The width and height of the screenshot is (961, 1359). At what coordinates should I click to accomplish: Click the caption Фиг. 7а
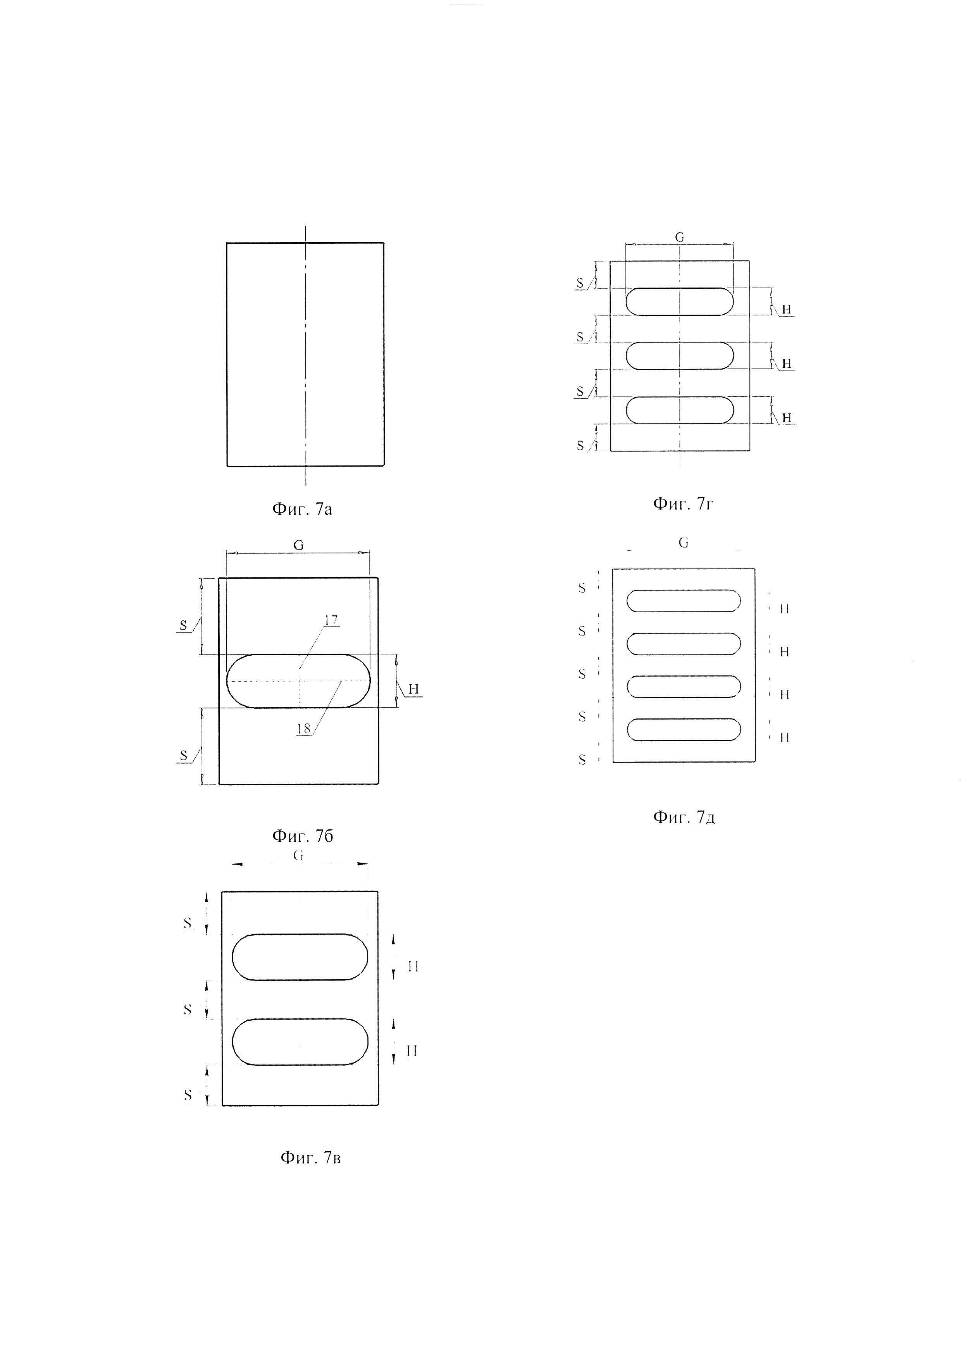tap(302, 509)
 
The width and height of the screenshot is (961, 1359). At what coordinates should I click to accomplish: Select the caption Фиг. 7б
tap(302, 836)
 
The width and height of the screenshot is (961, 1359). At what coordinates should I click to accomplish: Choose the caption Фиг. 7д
tap(684, 817)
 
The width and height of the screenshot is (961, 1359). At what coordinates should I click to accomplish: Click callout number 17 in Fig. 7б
tap(331, 620)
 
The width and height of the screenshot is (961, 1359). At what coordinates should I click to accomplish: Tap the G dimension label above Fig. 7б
tap(298, 546)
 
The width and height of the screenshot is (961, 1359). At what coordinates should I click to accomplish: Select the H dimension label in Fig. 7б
tap(413, 689)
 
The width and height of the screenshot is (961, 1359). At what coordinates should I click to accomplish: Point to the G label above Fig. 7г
tap(679, 238)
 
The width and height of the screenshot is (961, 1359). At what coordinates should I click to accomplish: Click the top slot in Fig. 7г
tap(679, 302)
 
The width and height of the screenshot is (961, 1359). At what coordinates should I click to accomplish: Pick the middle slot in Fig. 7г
tap(679, 356)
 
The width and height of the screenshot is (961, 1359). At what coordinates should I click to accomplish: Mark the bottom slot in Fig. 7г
tap(679, 410)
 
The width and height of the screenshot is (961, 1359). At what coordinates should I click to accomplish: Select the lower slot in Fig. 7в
tap(300, 1042)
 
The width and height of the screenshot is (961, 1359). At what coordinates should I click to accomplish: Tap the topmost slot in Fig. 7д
tap(684, 601)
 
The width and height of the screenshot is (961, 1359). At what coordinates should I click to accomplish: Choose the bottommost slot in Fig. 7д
tap(684, 730)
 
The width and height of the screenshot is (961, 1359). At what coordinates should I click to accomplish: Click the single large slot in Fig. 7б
tap(298, 681)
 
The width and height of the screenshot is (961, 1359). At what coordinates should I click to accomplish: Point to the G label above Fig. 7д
tap(684, 543)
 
